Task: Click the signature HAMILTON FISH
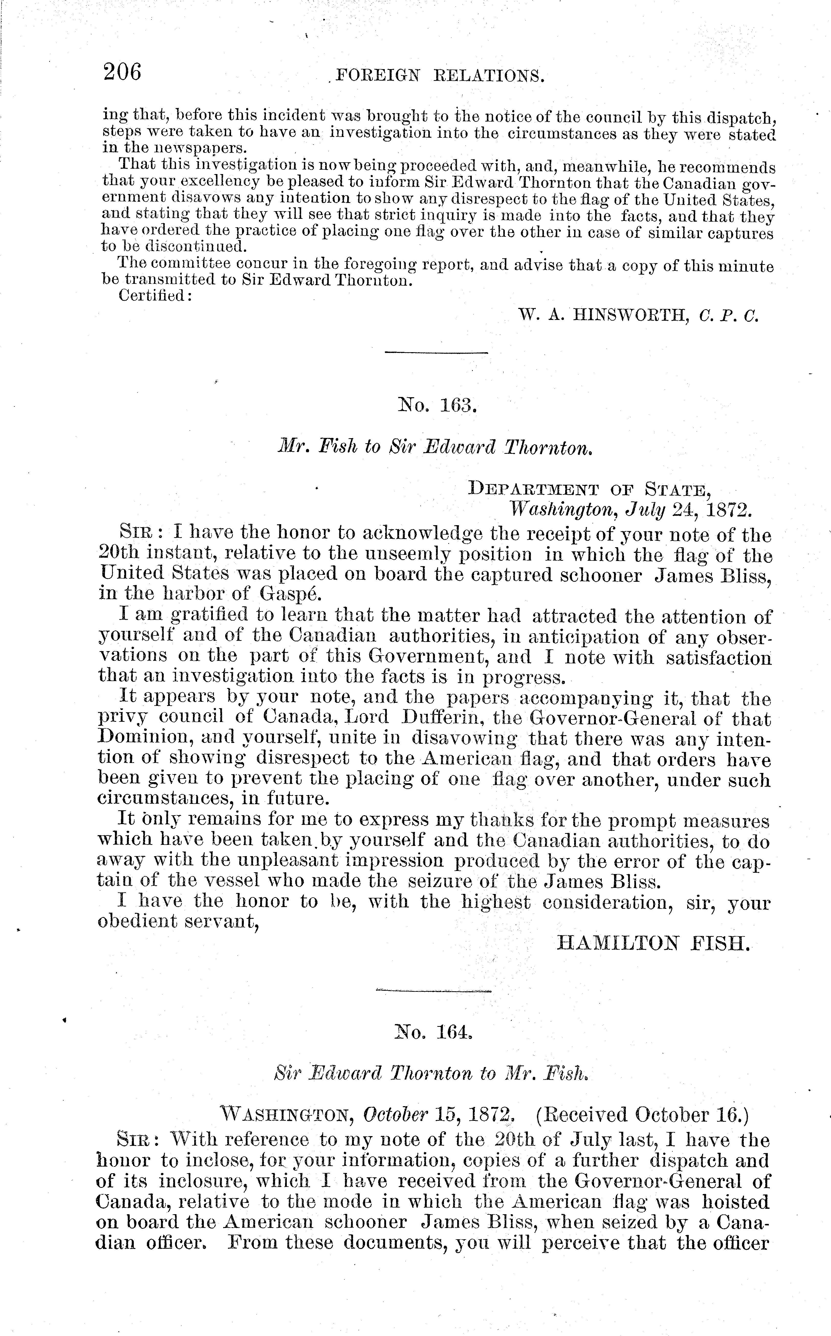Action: point(653,943)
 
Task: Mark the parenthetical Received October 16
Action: point(642,1114)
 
